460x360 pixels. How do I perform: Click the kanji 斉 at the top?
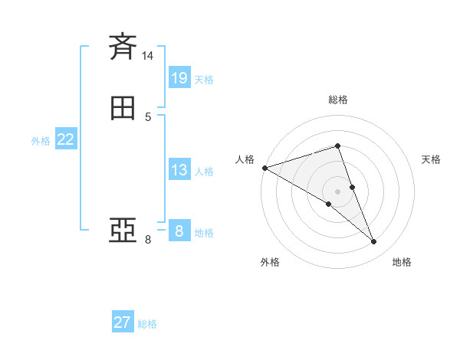click(x=123, y=47)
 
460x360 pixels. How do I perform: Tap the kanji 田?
click(x=123, y=109)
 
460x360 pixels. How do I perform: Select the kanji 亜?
click(x=123, y=231)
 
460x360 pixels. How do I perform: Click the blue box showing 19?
click(x=179, y=77)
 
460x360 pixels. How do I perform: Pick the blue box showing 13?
click(x=179, y=170)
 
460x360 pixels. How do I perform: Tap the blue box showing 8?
click(x=179, y=231)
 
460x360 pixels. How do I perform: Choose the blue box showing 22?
click(x=65, y=139)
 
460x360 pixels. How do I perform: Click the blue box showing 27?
click(x=122, y=322)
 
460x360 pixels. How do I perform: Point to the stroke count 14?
click(x=148, y=56)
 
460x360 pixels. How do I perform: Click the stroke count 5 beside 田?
click(x=148, y=117)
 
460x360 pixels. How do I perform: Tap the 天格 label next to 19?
click(x=204, y=80)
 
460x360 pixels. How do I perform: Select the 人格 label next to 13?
click(x=204, y=172)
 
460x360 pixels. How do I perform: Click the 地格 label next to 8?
click(x=204, y=233)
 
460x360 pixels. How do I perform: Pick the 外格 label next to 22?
click(x=40, y=141)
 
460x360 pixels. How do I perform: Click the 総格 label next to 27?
click(x=147, y=324)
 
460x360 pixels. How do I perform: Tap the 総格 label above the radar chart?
click(x=337, y=100)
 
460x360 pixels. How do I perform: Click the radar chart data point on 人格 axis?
click(x=264, y=168)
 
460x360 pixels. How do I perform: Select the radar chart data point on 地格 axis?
click(x=373, y=242)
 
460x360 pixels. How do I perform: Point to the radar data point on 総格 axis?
click(x=337, y=146)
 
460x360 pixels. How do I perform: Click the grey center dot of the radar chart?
click(x=337, y=191)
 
